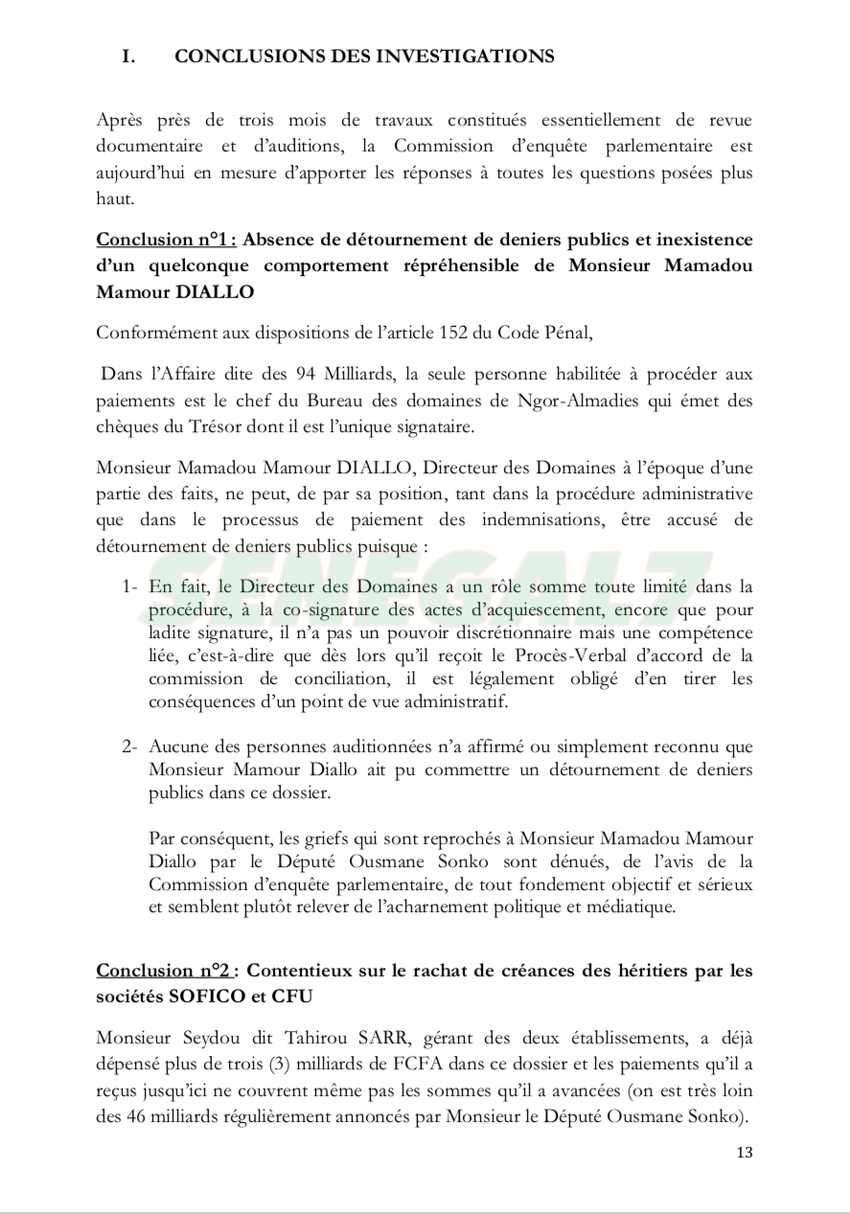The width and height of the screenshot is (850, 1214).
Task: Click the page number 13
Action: [745, 1152]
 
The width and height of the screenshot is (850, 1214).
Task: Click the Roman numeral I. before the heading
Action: [127, 57]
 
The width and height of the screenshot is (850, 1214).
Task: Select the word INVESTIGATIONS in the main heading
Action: [478, 57]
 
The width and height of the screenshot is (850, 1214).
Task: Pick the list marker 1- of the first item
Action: [131, 585]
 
